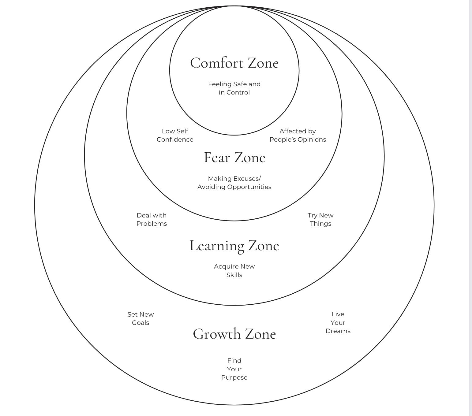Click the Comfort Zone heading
pos(234,63)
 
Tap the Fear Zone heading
pos(234,158)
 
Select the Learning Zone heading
pos(234,246)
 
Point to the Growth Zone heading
pos(234,334)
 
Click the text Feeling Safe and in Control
pos(234,88)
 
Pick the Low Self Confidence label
pos(175,135)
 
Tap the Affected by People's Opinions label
pos(298,135)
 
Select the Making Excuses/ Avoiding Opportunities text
pos(234,183)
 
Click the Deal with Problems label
pos(152,219)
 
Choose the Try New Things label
pos(320,219)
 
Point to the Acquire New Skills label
pos(234,270)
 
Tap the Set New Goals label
pos(140,318)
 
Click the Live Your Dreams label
pos(338,322)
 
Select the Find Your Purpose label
pos(234,369)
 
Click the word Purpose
pos(234,377)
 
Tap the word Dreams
pos(338,331)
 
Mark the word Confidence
pos(175,139)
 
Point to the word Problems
pos(152,224)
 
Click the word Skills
pos(234,275)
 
